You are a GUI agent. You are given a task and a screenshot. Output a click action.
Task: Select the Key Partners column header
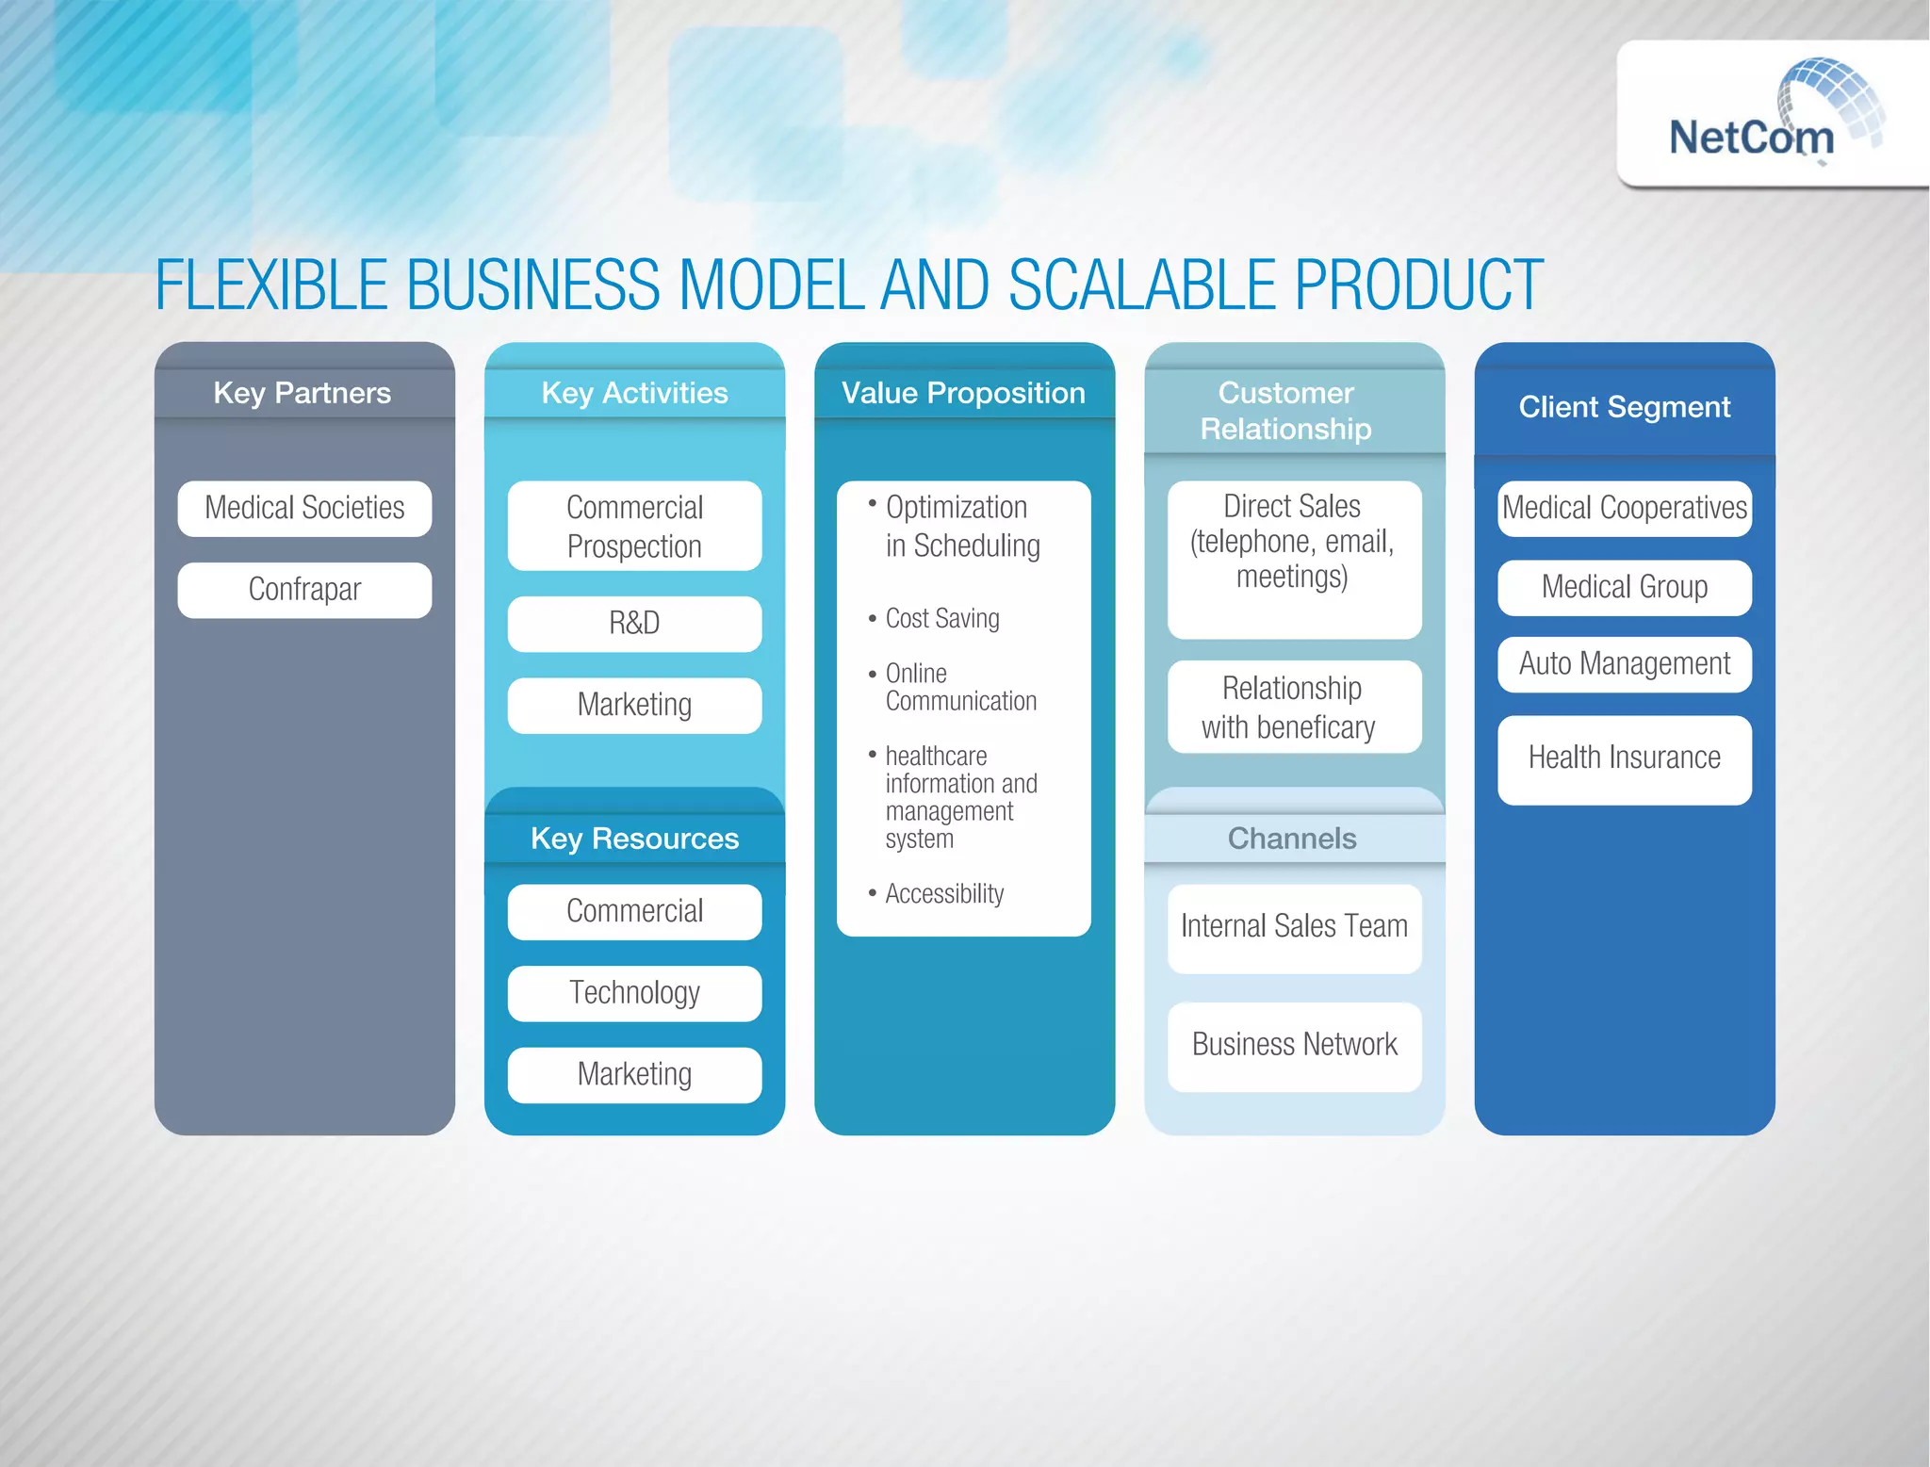(x=303, y=393)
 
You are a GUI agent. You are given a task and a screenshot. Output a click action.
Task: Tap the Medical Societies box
(x=304, y=509)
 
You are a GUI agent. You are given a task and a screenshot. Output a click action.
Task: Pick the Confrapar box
(x=304, y=590)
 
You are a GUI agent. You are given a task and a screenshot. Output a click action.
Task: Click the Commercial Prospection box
(x=634, y=527)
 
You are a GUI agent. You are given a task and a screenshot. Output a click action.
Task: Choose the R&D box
(x=634, y=624)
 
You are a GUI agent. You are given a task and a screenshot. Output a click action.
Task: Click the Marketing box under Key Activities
(x=634, y=705)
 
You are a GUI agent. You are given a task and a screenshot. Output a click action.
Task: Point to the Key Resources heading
(x=634, y=839)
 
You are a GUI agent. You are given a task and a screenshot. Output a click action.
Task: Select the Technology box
(x=634, y=993)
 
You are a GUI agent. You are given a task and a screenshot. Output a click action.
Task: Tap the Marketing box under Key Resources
(x=634, y=1075)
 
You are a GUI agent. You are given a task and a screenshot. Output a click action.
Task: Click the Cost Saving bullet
(x=941, y=619)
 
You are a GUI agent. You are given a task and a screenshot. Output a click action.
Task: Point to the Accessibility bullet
(x=944, y=894)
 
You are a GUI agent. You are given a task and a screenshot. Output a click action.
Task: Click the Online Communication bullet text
(x=959, y=688)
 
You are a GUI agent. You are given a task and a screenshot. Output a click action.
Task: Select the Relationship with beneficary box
(x=1293, y=708)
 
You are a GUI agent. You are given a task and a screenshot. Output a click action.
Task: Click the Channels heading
(x=1292, y=839)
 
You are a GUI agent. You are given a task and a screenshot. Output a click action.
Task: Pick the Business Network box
(x=1294, y=1046)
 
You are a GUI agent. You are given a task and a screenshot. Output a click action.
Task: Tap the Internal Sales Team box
(x=1294, y=927)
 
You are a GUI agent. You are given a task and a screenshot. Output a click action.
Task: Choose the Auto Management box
(x=1624, y=664)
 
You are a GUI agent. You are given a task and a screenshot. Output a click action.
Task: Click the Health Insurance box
(x=1624, y=759)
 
